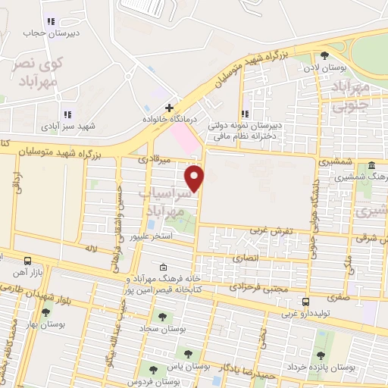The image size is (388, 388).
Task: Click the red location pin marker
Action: coord(195,179)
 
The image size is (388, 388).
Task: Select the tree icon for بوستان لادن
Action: coord(325,55)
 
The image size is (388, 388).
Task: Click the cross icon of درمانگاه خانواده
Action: coord(170,108)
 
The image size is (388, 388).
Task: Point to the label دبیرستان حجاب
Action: coord(32,33)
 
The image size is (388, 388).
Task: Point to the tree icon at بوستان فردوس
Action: coord(153,369)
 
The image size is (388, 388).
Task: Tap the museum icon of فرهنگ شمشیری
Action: coord(371,165)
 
